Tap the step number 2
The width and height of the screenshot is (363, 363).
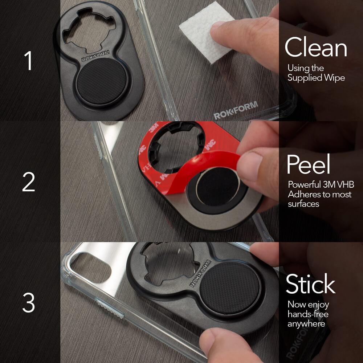pos(29,182)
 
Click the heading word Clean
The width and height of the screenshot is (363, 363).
pos(315,48)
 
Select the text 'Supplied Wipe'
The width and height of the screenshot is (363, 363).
pos(316,78)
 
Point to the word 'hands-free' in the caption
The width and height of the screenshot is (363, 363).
pos(308,314)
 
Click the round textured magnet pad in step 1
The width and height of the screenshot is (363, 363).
pos(102,81)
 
